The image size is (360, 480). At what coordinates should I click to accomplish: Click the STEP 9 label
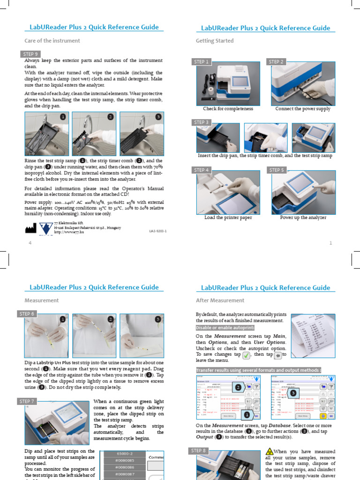pos(31,53)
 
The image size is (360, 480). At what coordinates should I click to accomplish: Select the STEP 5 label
pos(277,170)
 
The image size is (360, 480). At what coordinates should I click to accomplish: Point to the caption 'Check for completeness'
pos(228,109)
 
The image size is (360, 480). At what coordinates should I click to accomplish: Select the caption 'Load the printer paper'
pos(228,217)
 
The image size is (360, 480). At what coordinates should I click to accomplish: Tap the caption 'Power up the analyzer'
pos(303,217)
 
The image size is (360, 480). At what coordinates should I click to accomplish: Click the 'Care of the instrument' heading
pos(52,41)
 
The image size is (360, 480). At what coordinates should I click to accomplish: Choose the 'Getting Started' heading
pos(214,41)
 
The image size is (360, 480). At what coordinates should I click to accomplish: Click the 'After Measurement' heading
pos(220,300)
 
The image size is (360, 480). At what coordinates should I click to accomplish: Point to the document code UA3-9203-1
pos(157,231)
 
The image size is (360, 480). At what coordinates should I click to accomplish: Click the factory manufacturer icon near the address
pos(30,228)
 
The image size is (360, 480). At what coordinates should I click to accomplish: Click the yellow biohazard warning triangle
pos(269,451)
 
